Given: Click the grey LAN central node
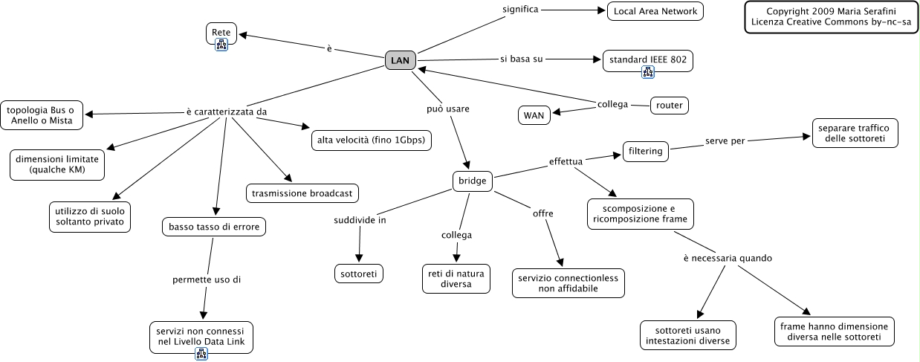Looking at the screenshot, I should click(400, 61).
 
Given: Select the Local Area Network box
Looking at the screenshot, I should click(655, 11).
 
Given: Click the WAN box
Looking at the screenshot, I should click(534, 115).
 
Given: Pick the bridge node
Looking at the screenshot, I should click(473, 181).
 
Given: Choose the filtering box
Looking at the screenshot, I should click(644, 151).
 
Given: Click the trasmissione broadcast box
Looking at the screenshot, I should click(302, 193).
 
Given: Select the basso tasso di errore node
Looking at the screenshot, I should click(214, 227).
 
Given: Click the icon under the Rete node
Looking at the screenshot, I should click(221, 45).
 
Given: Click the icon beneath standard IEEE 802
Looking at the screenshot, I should click(648, 72).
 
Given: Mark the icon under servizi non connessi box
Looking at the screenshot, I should click(201, 353).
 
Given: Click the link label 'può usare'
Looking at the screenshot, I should click(447, 109).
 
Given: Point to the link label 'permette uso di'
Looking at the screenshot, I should click(207, 280).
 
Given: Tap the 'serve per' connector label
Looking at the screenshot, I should click(725, 141).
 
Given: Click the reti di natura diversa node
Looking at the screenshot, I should click(457, 279).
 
